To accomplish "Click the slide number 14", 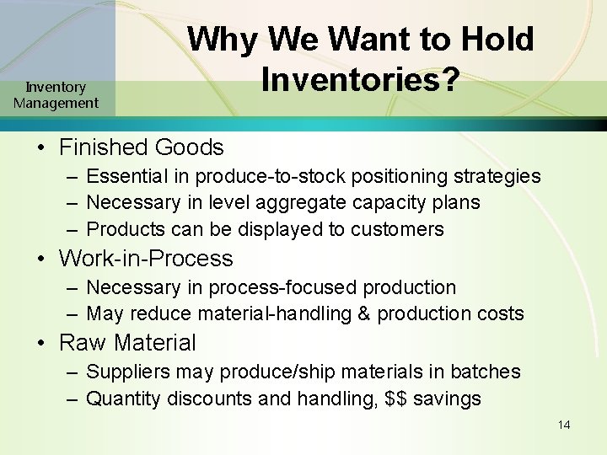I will click(x=564, y=425).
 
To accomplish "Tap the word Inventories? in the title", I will click(x=360, y=79).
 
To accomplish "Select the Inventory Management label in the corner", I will click(x=56, y=95).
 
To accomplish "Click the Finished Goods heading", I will click(x=141, y=147).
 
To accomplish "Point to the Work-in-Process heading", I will click(x=145, y=259).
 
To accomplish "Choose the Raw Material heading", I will click(x=126, y=343).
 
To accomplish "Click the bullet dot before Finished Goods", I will click(x=41, y=148).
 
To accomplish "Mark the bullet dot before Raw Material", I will click(x=41, y=344).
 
